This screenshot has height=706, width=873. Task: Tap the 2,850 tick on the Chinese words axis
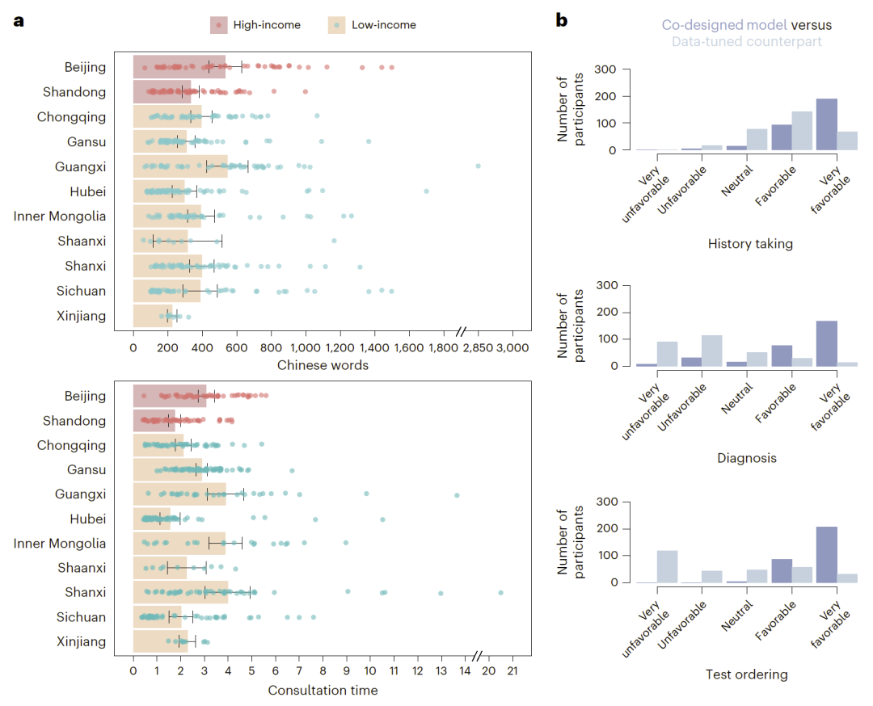coord(478,347)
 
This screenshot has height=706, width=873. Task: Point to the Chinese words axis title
coord(323,365)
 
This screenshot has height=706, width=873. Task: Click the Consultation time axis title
coord(323,690)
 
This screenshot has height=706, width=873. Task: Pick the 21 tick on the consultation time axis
coord(512,672)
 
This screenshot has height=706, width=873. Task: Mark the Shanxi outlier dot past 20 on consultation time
coord(501,592)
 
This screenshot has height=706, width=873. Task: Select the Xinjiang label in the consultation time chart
coord(81,642)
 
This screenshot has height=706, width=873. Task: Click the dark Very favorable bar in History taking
coord(826,124)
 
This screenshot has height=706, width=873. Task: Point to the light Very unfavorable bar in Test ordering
coord(667,566)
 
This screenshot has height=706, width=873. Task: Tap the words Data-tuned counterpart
coord(746,41)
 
